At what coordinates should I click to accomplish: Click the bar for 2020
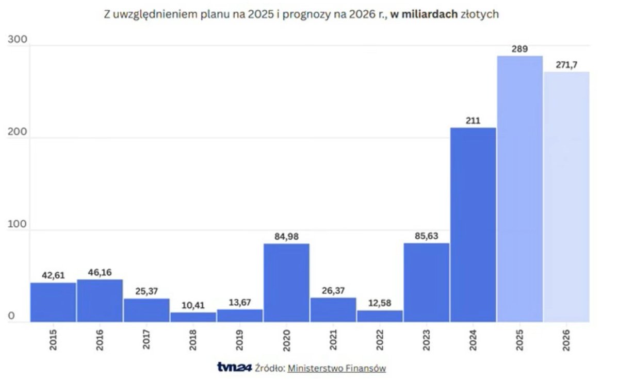[x=286, y=283]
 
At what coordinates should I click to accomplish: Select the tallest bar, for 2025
[x=519, y=189]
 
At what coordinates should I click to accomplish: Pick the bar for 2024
[x=473, y=225]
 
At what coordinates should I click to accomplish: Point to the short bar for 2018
[x=193, y=317]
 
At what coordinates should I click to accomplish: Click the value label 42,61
[x=53, y=275]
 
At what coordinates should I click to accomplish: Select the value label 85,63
[x=426, y=236]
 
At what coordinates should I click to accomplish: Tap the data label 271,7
[x=566, y=65]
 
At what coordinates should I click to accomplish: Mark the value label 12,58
[x=380, y=303]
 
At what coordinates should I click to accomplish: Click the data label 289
[x=519, y=49]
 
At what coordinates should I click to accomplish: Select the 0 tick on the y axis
[x=11, y=317]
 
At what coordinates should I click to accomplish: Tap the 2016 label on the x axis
[x=100, y=340]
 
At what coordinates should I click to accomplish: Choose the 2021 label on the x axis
[x=333, y=340]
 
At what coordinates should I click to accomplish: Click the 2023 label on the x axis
[x=426, y=340]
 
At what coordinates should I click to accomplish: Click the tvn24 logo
[x=234, y=368]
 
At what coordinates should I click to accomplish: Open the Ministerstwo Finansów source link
[x=336, y=368]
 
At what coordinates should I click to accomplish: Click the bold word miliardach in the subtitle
[x=431, y=14]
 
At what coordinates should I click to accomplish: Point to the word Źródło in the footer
[x=270, y=368]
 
